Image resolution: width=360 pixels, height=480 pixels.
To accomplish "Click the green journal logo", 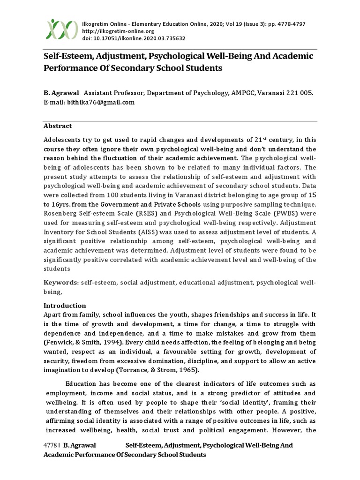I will coord(62,29).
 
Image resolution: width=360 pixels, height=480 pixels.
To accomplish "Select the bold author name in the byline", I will coord(62,93).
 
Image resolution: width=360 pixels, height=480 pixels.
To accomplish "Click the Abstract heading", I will coord(58,126).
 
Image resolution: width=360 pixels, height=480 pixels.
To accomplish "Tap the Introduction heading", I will coord(65,306).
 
